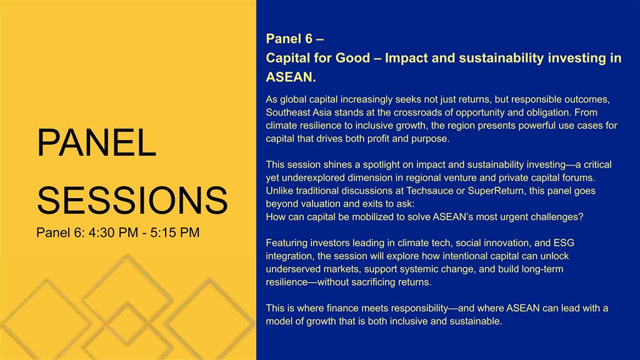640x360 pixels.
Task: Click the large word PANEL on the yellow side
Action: click(x=97, y=142)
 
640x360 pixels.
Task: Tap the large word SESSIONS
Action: click(x=132, y=200)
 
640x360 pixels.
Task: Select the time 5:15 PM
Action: click(x=175, y=232)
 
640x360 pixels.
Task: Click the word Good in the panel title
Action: click(x=352, y=58)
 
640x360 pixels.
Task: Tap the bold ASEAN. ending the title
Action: click(x=291, y=77)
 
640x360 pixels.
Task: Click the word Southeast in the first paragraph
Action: click(x=286, y=112)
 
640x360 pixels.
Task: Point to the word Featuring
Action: click(x=286, y=243)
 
